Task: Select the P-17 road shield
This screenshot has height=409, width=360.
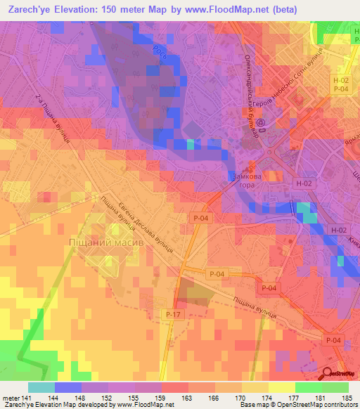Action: point(172,313)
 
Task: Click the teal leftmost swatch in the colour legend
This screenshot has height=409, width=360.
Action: point(41,387)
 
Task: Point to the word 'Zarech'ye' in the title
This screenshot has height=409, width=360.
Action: point(28,9)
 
